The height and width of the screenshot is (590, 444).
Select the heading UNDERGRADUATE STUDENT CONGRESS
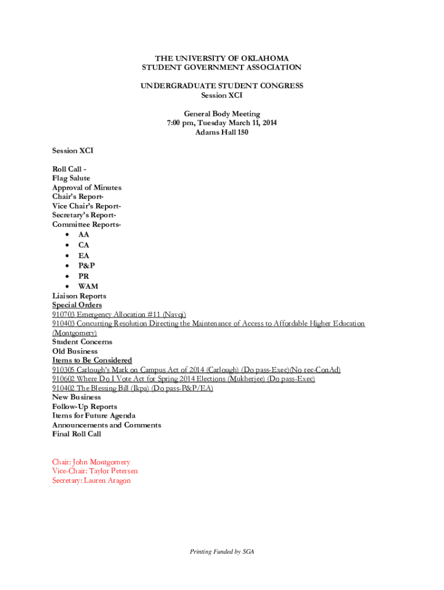(x=222, y=86)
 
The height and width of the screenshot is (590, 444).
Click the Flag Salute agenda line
(x=71, y=178)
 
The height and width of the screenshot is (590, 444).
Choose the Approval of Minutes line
(x=86, y=187)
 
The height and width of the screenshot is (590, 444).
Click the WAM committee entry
(x=88, y=286)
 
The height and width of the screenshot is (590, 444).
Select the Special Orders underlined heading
(x=77, y=305)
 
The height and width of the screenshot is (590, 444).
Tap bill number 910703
(x=64, y=314)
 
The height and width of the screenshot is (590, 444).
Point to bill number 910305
(x=64, y=369)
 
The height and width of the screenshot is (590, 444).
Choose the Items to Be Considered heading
(x=92, y=360)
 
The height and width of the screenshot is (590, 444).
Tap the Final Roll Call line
(x=76, y=434)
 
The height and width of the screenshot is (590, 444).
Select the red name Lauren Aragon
(x=107, y=480)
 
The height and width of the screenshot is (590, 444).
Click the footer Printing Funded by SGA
(x=222, y=551)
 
